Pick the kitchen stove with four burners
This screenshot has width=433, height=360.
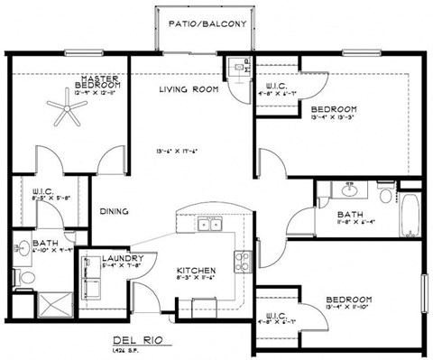coord(243,262)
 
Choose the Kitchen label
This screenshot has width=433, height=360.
coord(193,271)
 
